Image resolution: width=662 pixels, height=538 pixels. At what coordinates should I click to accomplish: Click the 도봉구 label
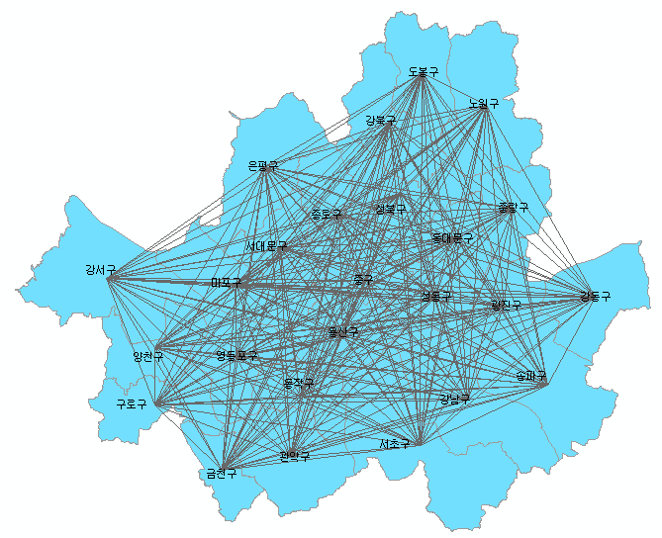tap(423, 72)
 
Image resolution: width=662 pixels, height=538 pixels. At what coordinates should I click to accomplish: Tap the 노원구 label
tap(483, 103)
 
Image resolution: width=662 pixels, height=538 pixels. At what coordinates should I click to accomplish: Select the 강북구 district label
tap(380, 121)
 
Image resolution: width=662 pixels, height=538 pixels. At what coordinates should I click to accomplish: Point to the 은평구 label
tap(263, 166)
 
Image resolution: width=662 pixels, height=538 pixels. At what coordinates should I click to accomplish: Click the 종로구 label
tap(326, 214)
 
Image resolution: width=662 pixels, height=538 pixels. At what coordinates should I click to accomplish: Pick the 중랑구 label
tap(513, 209)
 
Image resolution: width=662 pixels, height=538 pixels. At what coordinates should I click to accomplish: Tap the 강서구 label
tap(101, 269)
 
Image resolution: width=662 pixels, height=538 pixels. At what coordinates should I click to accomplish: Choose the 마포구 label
tap(227, 283)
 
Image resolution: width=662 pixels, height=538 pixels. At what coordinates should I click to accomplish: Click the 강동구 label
tap(595, 296)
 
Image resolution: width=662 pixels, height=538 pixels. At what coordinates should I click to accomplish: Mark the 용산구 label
tap(342, 332)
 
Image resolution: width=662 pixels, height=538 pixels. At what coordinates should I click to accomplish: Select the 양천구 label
tap(147, 355)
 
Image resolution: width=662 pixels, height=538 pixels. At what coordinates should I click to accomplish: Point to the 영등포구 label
tap(236, 355)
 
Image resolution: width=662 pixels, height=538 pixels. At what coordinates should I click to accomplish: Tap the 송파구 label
tap(531, 377)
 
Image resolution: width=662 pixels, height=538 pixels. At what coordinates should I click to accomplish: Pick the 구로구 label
tap(132, 403)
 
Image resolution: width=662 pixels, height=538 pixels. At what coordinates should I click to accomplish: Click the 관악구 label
tap(295, 456)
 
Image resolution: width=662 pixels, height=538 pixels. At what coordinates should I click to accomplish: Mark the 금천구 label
tap(221, 474)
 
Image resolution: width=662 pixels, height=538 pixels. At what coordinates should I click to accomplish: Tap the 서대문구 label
tap(267, 245)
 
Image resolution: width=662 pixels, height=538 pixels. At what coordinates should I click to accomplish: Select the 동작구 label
tap(298, 382)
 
